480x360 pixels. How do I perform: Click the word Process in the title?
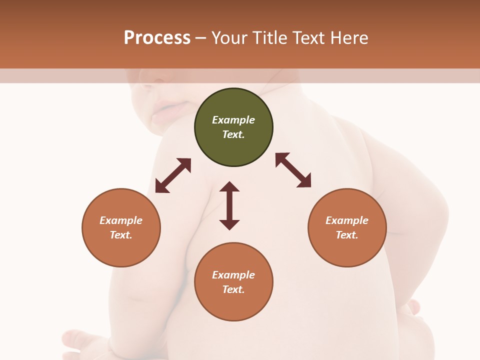[x=157, y=38]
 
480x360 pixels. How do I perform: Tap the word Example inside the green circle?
[x=233, y=120]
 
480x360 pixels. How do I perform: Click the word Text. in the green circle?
[x=233, y=134]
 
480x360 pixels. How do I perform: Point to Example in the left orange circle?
[x=121, y=220]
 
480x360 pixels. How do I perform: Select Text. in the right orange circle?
[x=347, y=235]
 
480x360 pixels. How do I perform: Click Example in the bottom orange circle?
[x=233, y=275]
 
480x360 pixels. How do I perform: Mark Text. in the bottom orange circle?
[x=233, y=289]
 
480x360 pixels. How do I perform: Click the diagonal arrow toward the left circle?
[x=173, y=175]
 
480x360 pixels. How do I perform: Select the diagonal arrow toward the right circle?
[x=293, y=170]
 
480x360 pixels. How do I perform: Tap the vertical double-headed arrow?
[x=229, y=205]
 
